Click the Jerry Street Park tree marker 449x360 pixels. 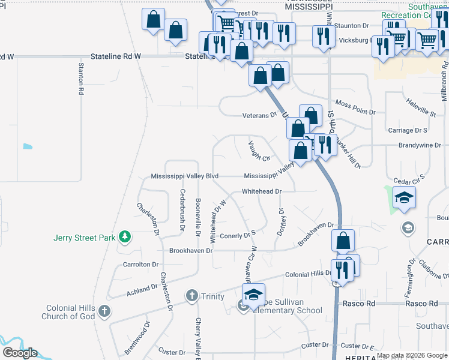[x=124, y=238]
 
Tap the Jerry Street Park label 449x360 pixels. [x=84, y=238]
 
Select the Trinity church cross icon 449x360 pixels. [x=191, y=295]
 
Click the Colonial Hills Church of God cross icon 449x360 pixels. [x=104, y=311]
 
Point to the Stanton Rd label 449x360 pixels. [x=80, y=78]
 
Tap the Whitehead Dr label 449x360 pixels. [x=261, y=191]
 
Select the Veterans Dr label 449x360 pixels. [x=259, y=115]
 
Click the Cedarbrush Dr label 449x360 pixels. [x=182, y=210]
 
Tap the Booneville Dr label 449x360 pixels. [x=197, y=215]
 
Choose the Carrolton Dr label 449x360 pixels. [x=140, y=264]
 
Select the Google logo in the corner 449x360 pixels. [x=20, y=353]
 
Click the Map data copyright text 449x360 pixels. [x=412, y=355]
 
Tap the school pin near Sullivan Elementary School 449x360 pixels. [x=253, y=294]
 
